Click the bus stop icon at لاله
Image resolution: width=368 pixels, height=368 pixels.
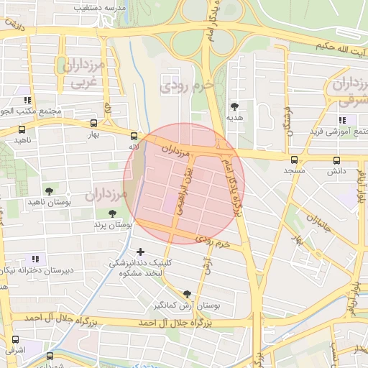coord(134,135)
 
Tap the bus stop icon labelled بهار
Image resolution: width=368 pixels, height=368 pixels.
coord(93,123)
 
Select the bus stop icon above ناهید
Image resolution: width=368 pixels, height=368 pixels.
coord(22,130)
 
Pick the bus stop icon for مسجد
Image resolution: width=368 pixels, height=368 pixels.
coord(294,160)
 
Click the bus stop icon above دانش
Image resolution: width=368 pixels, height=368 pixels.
coord(336,160)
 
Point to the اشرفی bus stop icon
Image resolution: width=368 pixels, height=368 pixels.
coord(15,339)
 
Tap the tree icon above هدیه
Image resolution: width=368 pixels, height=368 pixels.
coord(234,105)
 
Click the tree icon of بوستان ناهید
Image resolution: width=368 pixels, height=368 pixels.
coord(49,191)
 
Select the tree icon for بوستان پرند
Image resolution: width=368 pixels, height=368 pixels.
coord(112,213)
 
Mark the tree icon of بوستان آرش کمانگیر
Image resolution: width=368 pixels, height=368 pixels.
coord(188,293)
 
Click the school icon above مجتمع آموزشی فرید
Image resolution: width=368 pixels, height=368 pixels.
coord(341,120)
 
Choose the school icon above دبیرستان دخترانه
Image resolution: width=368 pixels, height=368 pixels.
coord(34,259)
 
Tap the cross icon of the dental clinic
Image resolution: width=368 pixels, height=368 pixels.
coord(140,252)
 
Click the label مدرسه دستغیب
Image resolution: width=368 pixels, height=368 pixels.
coord(101,7)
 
